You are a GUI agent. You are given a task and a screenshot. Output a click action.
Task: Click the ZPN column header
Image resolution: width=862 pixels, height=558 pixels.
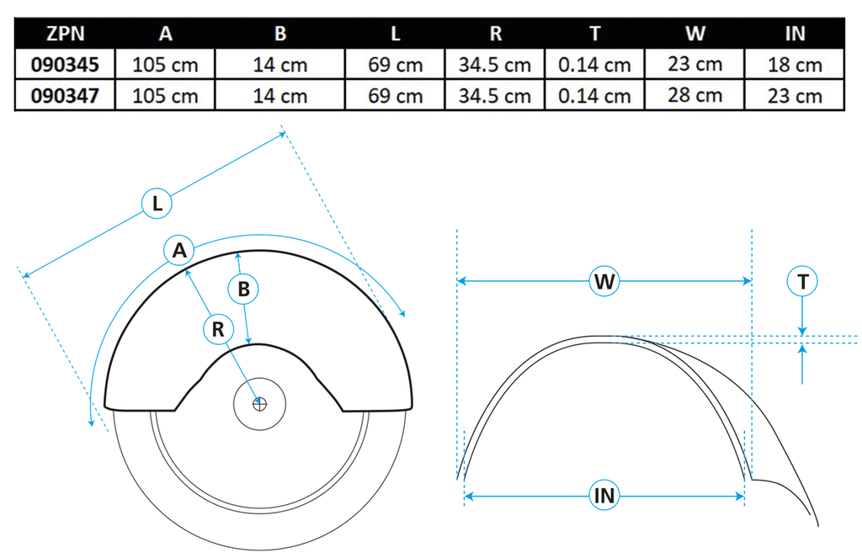[66, 34]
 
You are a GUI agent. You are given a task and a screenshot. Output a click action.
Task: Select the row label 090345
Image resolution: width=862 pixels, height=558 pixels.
[65, 65]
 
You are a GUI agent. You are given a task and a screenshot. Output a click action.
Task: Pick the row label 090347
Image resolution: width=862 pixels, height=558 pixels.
[65, 96]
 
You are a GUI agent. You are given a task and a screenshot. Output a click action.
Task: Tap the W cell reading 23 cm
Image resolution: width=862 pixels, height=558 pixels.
[694, 64]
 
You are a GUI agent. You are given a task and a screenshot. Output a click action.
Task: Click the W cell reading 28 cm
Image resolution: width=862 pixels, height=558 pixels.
[694, 96]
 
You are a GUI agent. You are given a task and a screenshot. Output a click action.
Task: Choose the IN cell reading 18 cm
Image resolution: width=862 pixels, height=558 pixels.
[795, 65]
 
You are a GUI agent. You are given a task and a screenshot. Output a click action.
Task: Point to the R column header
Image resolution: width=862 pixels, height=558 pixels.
[495, 34]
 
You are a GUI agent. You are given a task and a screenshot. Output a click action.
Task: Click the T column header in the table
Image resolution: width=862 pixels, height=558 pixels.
[595, 34]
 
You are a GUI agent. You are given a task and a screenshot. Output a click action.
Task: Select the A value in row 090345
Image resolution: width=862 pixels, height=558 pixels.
[165, 65]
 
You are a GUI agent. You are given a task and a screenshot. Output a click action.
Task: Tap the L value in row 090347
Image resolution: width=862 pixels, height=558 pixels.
[396, 96]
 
